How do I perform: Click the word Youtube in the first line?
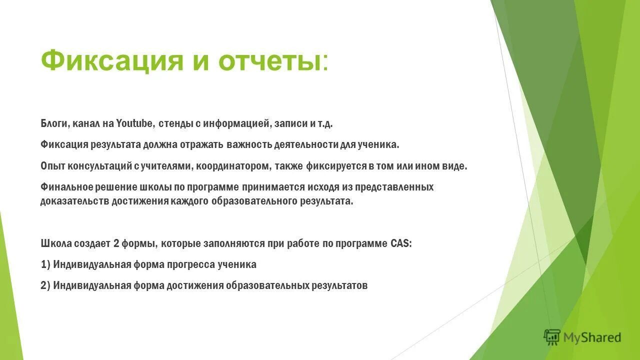[x=136, y=123]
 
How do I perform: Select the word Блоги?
[x=52, y=123]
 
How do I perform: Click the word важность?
[x=248, y=145]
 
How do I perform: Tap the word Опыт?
[x=51, y=166]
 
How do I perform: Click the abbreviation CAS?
[x=400, y=244]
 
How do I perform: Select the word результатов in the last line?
[x=339, y=285]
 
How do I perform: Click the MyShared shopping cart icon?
[x=552, y=337]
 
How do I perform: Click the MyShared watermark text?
[x=592, y=337]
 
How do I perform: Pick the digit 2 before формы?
[x=116, y=244]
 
